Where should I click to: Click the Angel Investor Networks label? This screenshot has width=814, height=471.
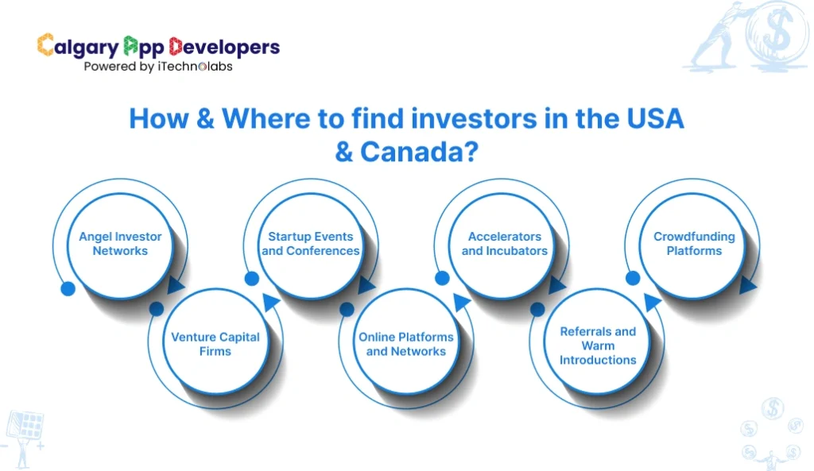coord(120,244)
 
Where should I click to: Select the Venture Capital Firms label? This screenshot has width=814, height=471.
coord(215,344)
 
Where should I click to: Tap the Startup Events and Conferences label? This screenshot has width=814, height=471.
coord(311,244)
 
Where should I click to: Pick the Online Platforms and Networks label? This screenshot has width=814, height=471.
coord(406,344)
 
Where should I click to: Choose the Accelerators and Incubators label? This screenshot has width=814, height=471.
coord(505,244)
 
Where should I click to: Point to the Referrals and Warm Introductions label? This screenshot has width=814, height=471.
coord(598,346)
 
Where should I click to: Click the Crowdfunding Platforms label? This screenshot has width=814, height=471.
coord(694,244)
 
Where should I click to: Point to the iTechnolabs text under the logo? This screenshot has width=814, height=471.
coord(200,67)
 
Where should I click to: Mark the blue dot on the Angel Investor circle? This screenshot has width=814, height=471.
coord(68,288)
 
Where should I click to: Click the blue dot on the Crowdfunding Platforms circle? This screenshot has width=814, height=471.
coord(633,278)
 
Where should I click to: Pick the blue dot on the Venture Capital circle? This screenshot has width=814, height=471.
coord(157,308)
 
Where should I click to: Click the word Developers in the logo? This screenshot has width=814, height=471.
coord(224,47)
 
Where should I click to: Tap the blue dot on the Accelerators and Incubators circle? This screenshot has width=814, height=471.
coord(443,278)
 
